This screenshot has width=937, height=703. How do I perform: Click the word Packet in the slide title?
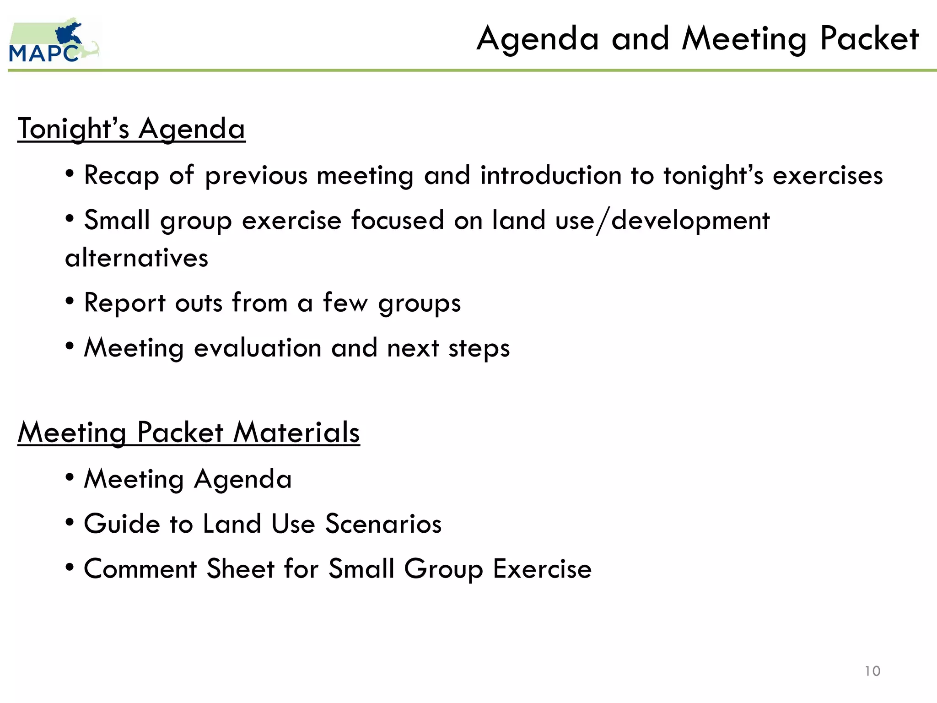(869, 38)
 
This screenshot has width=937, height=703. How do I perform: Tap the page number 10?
(872, 671)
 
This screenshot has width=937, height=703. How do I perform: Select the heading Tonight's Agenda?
(131, 129)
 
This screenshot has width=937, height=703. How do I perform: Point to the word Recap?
(121, 176)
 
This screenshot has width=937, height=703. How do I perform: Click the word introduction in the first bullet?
(550, 175)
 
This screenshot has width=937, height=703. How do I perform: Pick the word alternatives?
(136, 258)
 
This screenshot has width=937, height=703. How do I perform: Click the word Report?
(124, 303)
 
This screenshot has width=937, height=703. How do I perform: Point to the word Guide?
(122, 524)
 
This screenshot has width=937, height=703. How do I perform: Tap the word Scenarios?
(383, 524)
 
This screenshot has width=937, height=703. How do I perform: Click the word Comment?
(140, 569)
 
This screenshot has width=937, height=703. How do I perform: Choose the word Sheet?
(240, 569)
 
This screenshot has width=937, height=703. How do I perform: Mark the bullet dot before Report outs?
(70, 302)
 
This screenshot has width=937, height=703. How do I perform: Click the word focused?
(398, 220)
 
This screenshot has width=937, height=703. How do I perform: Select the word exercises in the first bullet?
(828, 175)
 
